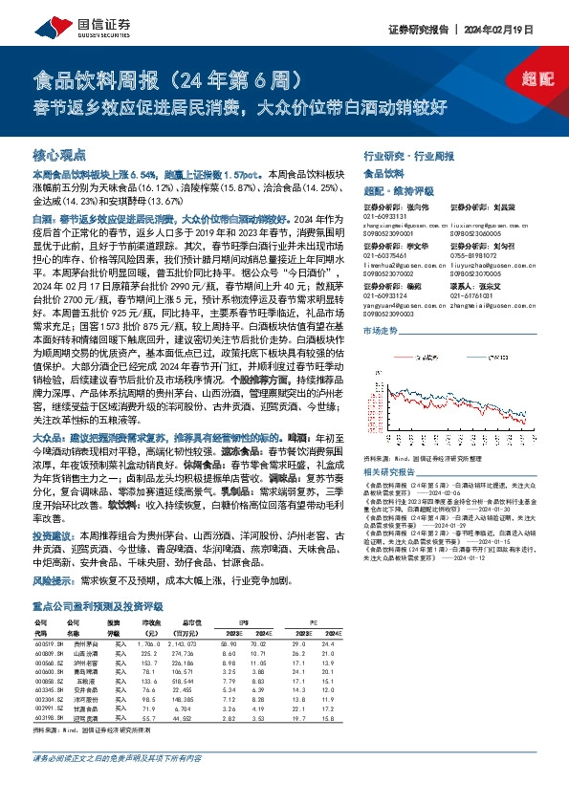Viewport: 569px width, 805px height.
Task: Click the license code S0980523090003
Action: pos(390,313)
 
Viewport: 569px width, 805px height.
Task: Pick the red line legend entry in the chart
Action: pos(422,357)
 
